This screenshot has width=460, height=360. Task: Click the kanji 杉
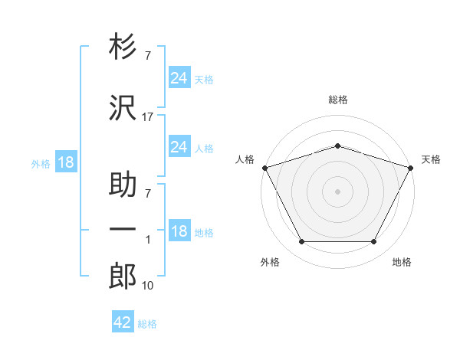[123, 47]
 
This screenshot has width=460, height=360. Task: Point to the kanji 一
[123, 230]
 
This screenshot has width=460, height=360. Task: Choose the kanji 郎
[123, 276]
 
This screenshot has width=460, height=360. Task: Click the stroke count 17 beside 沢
[148, 117]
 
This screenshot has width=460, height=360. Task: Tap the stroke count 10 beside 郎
[148, 286]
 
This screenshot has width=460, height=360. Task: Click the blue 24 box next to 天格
[179, 77]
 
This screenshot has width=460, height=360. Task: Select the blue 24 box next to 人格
[179, 146]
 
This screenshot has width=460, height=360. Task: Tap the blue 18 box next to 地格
[179, 231]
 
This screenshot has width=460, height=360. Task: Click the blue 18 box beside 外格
[65, 162]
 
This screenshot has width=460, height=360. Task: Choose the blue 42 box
[123, 322]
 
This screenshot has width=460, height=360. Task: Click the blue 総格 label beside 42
[147, 324]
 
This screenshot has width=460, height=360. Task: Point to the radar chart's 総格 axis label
[338, 100]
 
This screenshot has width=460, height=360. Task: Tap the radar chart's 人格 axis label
[245, 159]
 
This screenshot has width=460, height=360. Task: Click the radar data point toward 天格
[412, 167]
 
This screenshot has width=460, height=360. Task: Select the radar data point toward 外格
[301, 242]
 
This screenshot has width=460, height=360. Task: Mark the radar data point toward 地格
[374, 242]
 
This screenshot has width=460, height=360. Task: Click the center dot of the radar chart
[337, 191]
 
